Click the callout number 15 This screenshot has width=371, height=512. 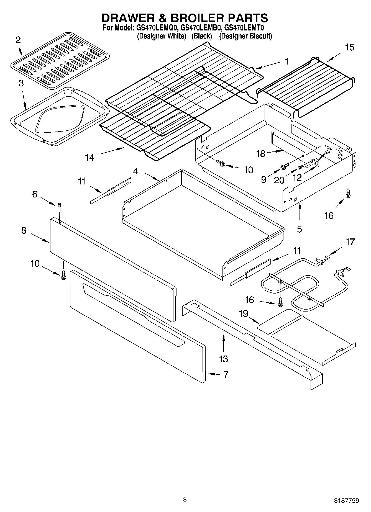click(350, 47)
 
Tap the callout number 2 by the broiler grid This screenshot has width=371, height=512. click(18, 40)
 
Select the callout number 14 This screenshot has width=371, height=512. click(90, 158)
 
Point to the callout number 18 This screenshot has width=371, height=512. click(261, 154)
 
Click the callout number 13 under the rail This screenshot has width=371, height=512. click(223, 359)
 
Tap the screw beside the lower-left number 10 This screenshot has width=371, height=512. click(63, 275)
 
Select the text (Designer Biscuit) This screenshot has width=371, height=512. click(245, 36)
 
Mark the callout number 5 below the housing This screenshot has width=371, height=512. click(300, 229)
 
